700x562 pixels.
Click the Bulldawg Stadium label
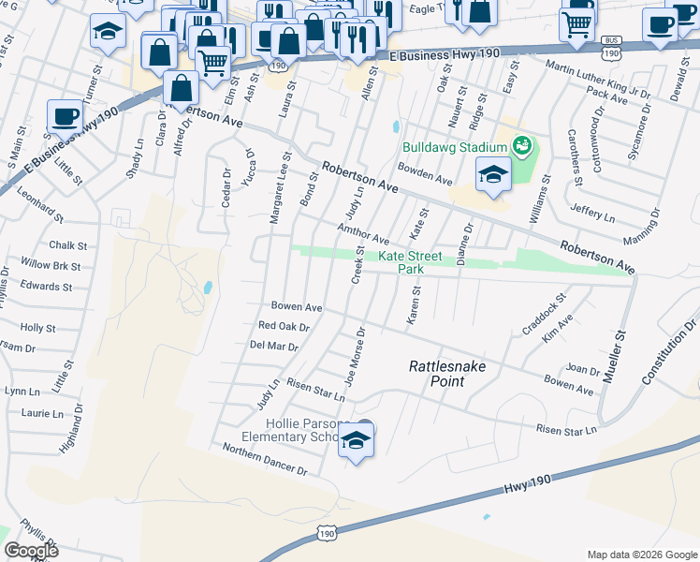click(x=455, y=146)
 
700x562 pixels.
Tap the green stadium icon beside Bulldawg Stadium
click(x=521, y=145)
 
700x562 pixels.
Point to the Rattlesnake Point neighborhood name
click(x=447, y=373)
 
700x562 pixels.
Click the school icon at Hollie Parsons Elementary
click(x=356, y=438)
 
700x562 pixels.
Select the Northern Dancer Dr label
click(x=265, y=459)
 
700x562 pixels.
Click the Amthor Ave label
click(x=363, y=233)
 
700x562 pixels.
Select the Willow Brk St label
click(x=51, y=266)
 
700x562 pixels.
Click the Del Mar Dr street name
click(x=274, y=347)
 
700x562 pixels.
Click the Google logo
click(x=31, y=551)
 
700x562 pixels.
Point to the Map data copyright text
click(x=642, y=554)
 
